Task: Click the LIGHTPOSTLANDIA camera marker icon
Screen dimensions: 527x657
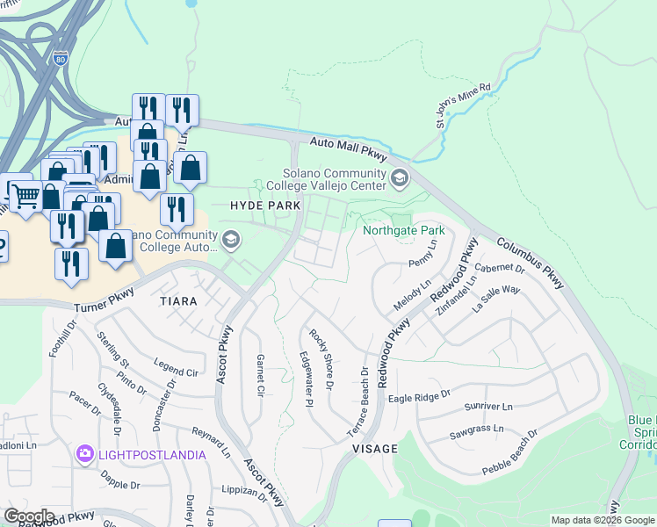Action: coord(85,454)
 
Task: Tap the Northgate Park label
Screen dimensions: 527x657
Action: coord(404,231)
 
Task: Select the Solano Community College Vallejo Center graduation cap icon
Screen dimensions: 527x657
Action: coord(400,178)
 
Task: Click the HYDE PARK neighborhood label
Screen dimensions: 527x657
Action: coord(265,205)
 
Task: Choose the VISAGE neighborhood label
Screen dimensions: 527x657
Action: coord(375,448)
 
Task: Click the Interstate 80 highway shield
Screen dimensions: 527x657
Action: coord(59,59)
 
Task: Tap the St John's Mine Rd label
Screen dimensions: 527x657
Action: coord(464,106)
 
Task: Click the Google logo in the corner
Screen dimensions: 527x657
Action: coord(29,516)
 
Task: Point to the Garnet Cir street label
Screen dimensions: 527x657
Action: coord(259,374)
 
